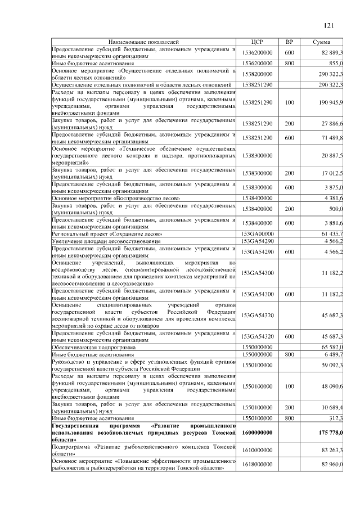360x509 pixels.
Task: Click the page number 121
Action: pos(330,25)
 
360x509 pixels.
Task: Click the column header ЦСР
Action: pos(257,42)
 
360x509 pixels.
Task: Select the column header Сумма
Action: pos(325,42)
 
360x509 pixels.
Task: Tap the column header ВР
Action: pos(290,42)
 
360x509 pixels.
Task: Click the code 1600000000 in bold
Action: pos(257,432)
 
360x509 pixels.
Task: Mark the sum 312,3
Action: pos(336,418)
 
